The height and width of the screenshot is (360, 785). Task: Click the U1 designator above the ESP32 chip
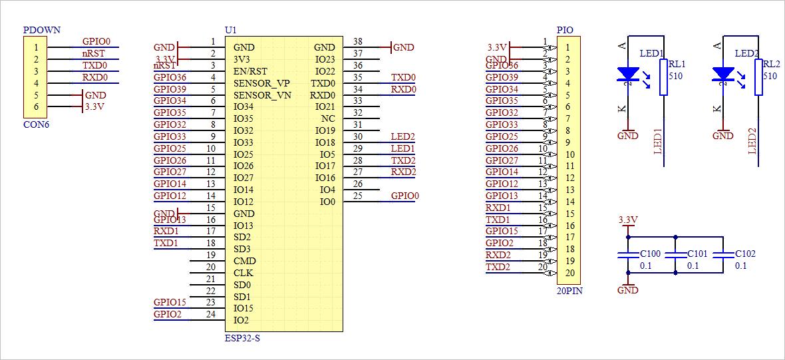(230, 31)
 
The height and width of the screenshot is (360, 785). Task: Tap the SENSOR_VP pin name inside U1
(261, 83)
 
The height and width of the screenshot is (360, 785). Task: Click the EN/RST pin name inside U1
(250, 71)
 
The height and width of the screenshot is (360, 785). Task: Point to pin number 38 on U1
(358, 41)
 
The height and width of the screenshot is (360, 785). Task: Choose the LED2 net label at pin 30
(403, 136)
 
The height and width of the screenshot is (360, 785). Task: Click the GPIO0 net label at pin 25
(404, 196)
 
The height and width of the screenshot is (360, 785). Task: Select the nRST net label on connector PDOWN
(93, 53)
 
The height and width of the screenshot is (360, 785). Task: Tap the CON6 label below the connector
(36, 124)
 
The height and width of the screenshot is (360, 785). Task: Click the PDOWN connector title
(41, 30)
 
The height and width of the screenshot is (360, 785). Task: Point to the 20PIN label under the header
(569, 291)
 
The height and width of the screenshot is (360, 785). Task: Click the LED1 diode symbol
(628, 74)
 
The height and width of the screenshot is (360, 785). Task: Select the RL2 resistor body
(758, 77)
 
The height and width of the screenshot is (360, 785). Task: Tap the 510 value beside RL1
(675, 77)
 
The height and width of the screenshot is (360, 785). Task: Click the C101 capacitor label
(697, 254)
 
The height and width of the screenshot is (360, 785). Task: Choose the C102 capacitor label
(745, 254)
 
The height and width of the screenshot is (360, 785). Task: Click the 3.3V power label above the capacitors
(628, 220)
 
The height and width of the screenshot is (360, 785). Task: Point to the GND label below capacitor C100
(628, 290)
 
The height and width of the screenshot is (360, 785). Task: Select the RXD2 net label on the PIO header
(498, 255)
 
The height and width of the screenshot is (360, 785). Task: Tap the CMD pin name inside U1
(244, 261)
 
